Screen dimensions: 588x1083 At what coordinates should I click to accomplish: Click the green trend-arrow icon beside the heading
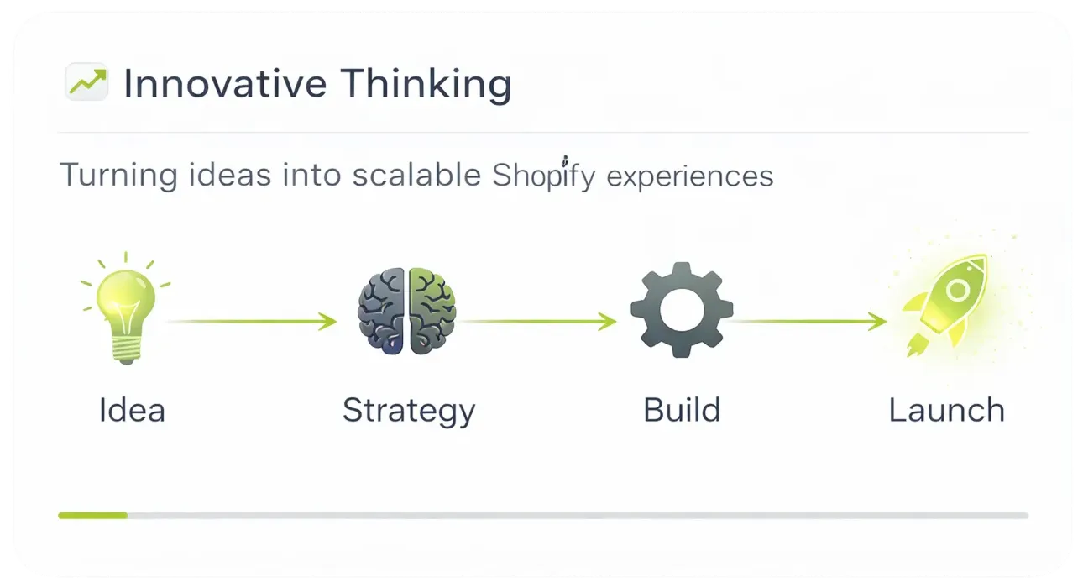[x=86, y=82]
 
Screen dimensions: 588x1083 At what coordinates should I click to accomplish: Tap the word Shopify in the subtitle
[x=541, y=176]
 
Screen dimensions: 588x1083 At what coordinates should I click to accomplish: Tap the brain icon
[x=407, y=310]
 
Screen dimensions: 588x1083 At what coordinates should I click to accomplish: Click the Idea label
[x=132, y=410]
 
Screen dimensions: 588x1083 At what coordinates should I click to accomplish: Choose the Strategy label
[x=409, y=410]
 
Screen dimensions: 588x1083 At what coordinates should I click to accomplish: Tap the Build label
[x=682, y=410]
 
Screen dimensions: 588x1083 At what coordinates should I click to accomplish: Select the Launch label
[x=946, y=410]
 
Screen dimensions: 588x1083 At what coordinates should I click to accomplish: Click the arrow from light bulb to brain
[x=252, y=322]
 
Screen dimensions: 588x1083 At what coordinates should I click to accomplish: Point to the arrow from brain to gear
[x=537, y=321]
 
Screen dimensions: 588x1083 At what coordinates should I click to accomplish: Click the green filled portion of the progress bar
[x=92, y=515]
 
